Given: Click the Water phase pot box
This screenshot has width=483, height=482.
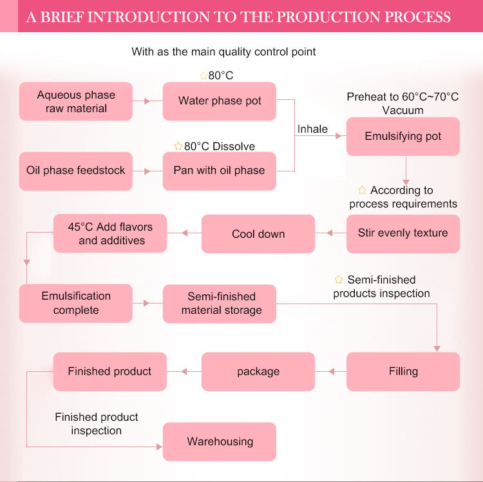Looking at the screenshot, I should click(219, 101).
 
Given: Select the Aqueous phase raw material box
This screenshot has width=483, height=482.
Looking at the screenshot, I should click(76, 101).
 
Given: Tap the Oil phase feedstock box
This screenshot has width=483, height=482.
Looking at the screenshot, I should click(76, 171).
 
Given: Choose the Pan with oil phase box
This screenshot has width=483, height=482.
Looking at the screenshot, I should click(219, 171).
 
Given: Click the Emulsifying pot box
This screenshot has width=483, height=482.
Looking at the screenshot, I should click(403, 137).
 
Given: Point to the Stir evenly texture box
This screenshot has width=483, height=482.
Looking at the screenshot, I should click(403, 233).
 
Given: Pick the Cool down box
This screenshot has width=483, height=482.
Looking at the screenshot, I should click(258, 233).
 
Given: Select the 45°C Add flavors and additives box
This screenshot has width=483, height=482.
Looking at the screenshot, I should click(110, 233).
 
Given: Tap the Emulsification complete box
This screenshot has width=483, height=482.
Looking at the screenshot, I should click(76, 304).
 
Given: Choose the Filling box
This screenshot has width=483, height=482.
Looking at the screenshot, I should click(403, 371).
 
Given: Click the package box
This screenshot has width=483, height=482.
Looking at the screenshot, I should click(258, 371).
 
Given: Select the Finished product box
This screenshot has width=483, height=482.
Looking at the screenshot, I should click(110, 371).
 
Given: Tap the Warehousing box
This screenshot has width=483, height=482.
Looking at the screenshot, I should click(219, 441).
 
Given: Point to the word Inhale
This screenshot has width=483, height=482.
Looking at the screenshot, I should click(312, 129).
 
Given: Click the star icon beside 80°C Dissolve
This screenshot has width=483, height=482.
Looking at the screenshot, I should click(178, 146).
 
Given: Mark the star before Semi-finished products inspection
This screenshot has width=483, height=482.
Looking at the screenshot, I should click(339, 280).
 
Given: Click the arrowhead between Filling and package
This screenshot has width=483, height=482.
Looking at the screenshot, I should click(332, 371).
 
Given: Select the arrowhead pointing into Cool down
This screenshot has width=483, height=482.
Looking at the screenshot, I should click(319, 233).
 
